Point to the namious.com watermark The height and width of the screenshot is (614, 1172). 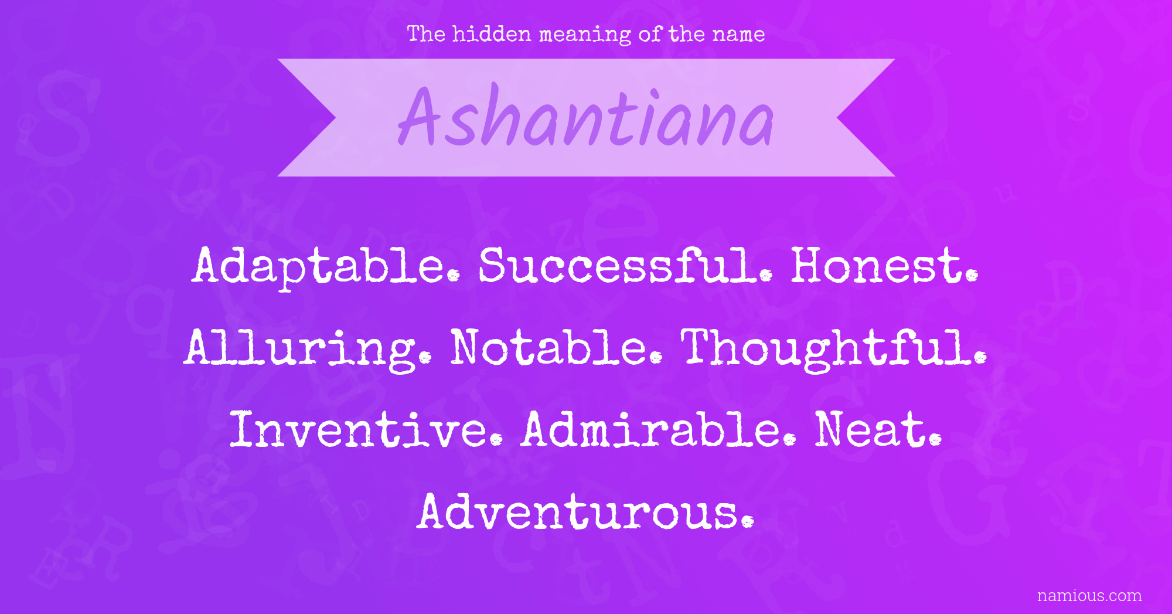tap(1089, 596)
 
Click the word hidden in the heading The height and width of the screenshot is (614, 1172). tap(492, 34)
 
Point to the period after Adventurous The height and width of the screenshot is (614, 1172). tap(747, 522)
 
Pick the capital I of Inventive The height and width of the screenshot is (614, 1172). tap(243, 429)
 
